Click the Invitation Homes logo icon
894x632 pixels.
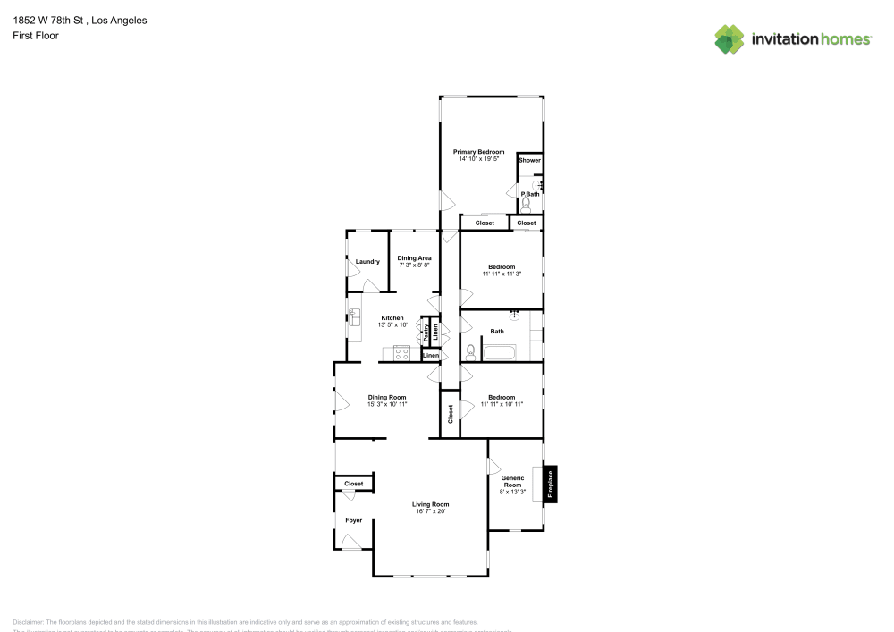[x=730, y=38]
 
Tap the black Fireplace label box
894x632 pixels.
[x=551, y=485]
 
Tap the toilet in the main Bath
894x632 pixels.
[x=470, y=351]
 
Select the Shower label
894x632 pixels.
[x=530, y=161]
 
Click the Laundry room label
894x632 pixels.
[x=367, y=262]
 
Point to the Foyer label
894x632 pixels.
[x=354, y=519]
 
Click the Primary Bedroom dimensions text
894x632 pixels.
[x=478, y=159]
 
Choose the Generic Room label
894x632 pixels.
[x=511, y=482]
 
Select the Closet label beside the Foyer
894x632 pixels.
[x=354, y=484]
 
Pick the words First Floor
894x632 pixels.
[x=35, y=36]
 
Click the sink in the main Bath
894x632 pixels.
[x=515, y=316]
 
